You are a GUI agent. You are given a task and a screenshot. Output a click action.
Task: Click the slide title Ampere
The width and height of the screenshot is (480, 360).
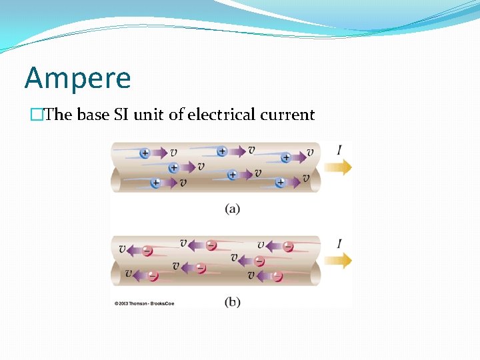point(78,79)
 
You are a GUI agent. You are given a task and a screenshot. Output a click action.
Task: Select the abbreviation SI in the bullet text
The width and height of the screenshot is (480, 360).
point(123,115)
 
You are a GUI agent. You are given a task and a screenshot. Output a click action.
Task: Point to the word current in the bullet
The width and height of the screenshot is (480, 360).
point(287,115)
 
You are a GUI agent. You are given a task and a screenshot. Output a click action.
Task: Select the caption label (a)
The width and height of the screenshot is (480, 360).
point(232,209)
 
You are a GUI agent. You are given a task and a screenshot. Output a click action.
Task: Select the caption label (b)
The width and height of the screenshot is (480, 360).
point(232,302)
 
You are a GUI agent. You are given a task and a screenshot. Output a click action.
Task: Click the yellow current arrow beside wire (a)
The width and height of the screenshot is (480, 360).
point(338,167)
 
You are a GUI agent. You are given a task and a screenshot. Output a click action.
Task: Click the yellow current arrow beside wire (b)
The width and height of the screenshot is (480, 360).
point(338,261)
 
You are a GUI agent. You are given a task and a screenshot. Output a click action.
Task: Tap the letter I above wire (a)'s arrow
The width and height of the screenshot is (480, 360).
point(339,151)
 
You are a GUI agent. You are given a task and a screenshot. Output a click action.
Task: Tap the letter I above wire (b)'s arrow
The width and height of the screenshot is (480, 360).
point(339,244)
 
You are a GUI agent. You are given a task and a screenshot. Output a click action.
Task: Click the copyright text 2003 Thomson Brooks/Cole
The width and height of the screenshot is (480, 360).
point(144,303)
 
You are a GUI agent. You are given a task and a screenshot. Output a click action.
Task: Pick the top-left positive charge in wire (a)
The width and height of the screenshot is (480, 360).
point(145,153)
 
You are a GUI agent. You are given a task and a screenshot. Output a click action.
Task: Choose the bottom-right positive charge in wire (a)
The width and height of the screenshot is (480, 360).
point(280,182)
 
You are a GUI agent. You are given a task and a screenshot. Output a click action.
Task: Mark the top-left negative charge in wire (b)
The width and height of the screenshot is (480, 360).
point(147,251)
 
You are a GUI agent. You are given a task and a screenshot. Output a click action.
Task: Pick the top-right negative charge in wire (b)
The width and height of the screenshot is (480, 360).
point(288,247)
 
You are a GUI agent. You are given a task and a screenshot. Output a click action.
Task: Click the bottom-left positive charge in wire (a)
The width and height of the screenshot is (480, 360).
point(155,183)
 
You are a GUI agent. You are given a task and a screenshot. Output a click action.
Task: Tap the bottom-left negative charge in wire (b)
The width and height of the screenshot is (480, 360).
point(153,275)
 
